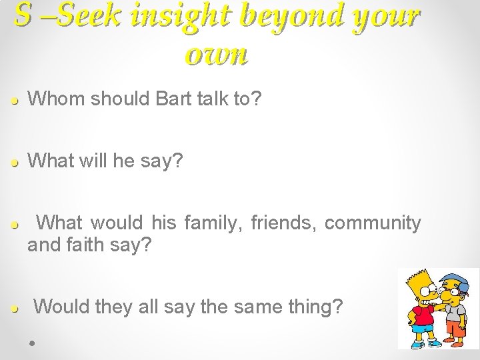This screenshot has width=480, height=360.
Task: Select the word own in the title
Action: tap(217, 55)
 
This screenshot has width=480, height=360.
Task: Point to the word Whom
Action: tap(58, 99)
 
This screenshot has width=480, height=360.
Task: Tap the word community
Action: tap(373, 223)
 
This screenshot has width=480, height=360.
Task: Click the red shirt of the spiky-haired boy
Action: tap(423, 315)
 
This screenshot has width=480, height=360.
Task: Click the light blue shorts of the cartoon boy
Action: tap(421, 328)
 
